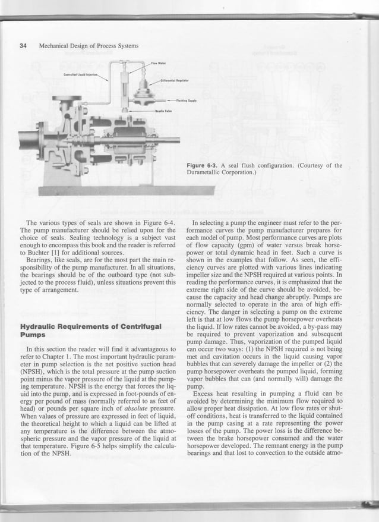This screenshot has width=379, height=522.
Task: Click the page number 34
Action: tap(23, 46)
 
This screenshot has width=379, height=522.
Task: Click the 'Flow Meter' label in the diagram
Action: tap(157, 63)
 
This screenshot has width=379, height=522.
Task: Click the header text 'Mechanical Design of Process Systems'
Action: tap(89, 46)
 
